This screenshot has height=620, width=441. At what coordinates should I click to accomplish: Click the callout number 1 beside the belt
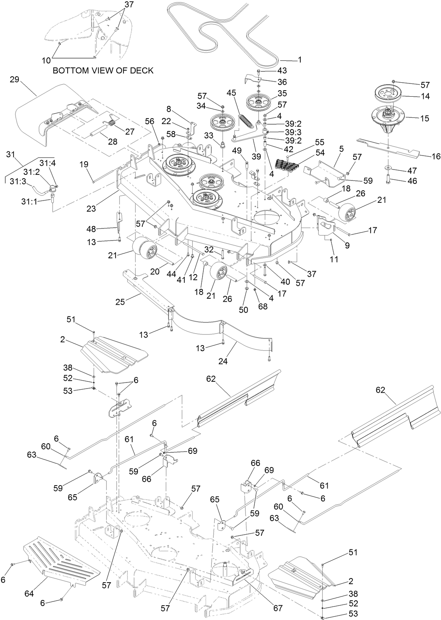click(300, 59)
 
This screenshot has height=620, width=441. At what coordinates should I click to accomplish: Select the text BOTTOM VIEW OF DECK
click(103, 71)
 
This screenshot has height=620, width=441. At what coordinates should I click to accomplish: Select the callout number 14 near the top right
click(425, 96)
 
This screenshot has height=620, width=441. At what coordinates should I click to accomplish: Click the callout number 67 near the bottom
click(278, 608)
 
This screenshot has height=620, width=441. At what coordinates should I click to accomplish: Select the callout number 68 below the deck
click(262, 306)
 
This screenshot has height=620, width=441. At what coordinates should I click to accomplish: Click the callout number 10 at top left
click(46, 60)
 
